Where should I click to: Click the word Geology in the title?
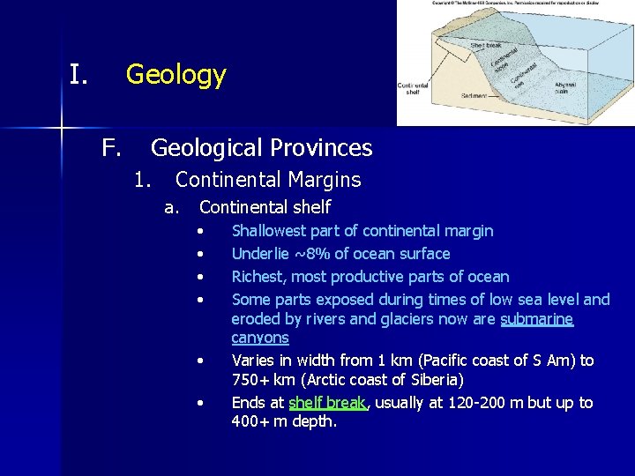coord(176,75)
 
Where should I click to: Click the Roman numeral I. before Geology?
coord(78,75)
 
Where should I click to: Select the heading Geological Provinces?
coord(261,148)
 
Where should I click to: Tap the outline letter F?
coord(110,148)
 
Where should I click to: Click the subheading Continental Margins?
coord(268,180)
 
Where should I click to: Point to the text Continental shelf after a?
coord(265,207)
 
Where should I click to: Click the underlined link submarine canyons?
coord(536,319)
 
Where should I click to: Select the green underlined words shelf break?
coord(327,403)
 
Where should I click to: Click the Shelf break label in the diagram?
coord(486,45)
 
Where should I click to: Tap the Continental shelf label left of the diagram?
coord(413,89)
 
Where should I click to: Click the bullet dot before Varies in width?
coord(202,361)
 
